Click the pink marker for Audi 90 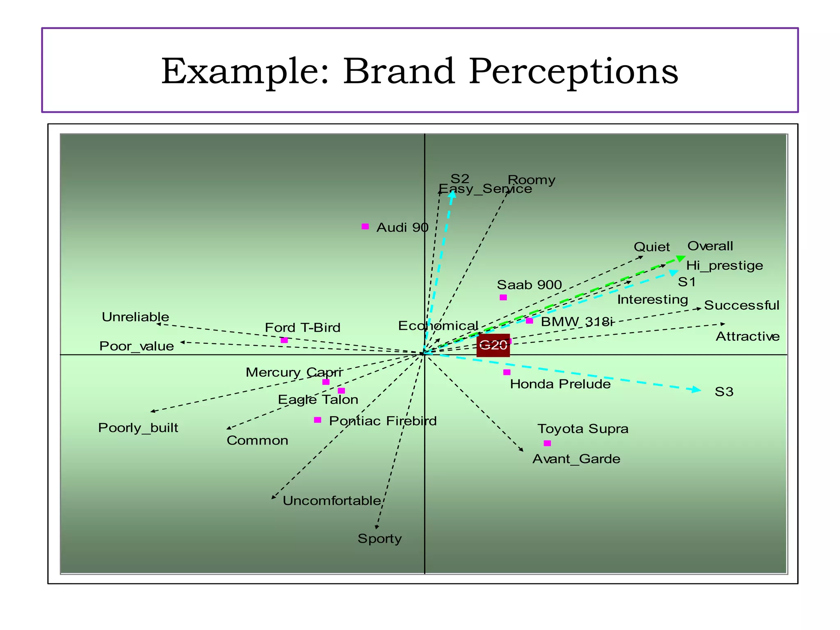point(365,226)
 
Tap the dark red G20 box point(493,345)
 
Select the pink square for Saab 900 point(503,297)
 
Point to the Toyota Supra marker point(547,443)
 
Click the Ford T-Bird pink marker point(284,340)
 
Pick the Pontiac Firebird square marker point(317,420)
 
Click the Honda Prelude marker point(507,372)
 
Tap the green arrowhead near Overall point(680,258)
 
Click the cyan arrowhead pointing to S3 point(696,389)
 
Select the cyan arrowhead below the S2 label point(452,194)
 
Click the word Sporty point(379,539)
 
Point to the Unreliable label point(135,317)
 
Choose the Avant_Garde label point(576,459)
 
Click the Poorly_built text point(138,428)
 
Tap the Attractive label point(747,336)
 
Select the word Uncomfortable point(332,501)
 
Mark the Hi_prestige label point(724,265)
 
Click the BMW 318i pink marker point(530,321)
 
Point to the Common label point(257,441)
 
